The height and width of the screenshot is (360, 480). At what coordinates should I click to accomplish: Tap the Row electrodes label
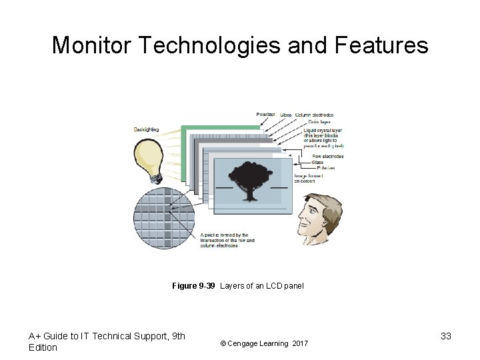(x=327, y=157)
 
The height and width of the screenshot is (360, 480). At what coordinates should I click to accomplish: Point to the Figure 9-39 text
(x=193, y=286)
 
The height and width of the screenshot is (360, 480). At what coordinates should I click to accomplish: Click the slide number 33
(x=446, y=336)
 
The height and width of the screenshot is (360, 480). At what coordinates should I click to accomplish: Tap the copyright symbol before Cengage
(x=223, y=343)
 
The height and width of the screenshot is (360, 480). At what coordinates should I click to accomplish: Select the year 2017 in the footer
(x=300, y=343)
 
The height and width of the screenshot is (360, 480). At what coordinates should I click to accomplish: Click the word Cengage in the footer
(x=245, y=343)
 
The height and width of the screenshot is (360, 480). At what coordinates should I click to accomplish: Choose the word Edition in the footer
(x=43, y=347)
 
